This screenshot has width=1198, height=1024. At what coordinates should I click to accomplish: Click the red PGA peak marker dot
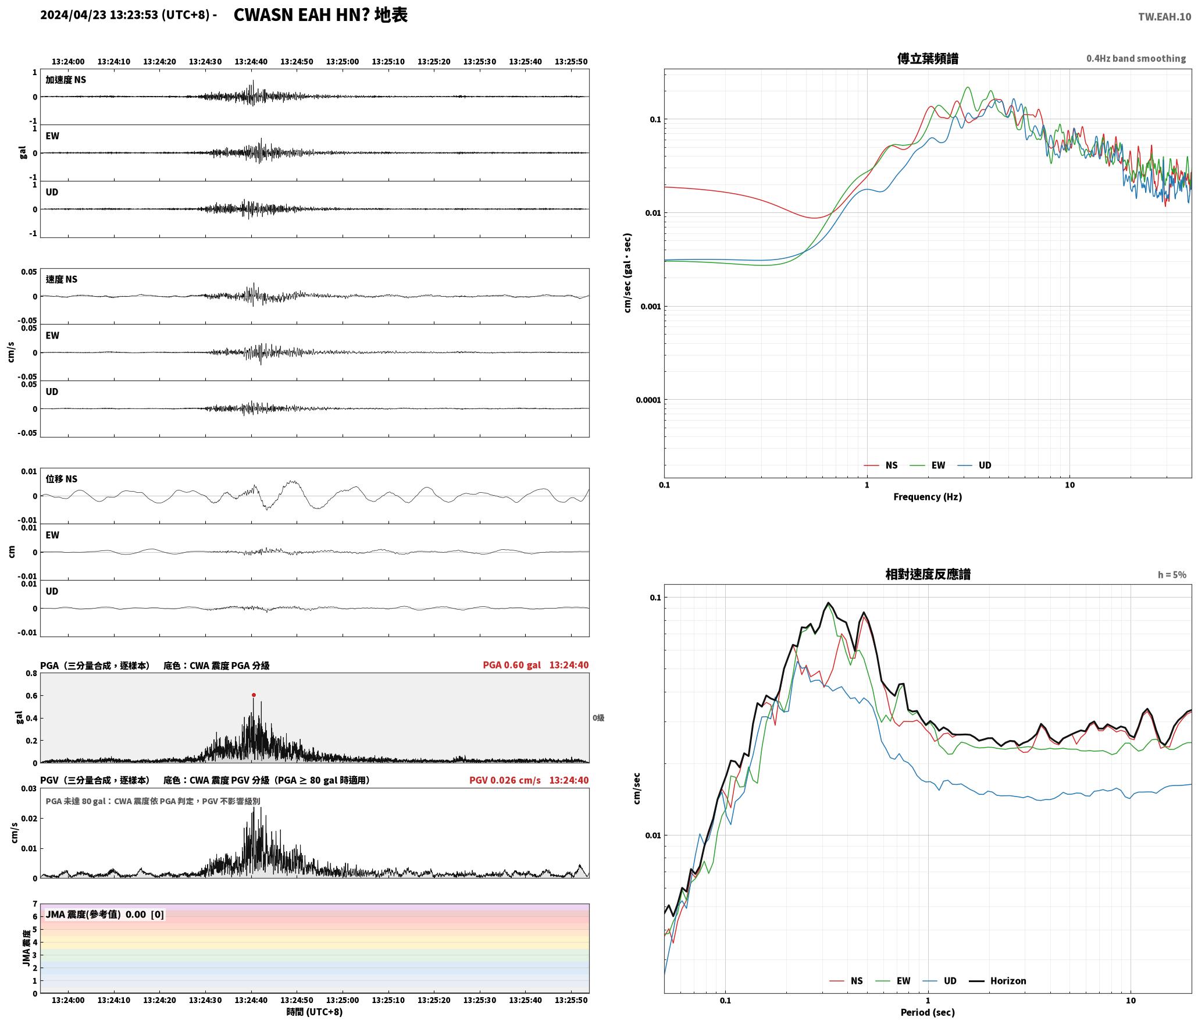pos(254,695)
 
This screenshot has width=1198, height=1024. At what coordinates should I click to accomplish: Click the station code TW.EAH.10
pos(1164,17)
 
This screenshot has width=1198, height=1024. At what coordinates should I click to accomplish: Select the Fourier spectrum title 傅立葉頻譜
pos(928,58)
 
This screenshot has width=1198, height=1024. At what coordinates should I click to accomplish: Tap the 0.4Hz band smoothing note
pos(1136,58)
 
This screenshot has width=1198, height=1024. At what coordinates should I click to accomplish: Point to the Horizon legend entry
pos(997,980)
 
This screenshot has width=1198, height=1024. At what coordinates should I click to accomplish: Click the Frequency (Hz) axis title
pos(928,496)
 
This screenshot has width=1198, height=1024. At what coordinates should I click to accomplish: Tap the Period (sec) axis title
pos(928,1012)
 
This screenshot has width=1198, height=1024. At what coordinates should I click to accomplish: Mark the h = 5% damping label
pos(1172,574)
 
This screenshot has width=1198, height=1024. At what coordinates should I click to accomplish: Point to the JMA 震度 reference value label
pos(105,914)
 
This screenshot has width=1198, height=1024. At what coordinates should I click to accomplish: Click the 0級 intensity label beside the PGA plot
pos(598,718)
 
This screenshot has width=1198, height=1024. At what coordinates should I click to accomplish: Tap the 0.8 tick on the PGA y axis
pos(31,673)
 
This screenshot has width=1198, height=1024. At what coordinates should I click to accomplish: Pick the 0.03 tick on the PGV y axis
pos(29,788)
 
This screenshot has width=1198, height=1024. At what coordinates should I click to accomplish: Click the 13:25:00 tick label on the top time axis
pos(343,61)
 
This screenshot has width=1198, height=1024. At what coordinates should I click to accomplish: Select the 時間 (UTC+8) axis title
pos(315,1012)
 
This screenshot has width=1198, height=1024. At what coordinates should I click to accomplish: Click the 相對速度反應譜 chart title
pos(928,574)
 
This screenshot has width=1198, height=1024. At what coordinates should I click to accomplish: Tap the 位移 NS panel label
pos(62,479)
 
